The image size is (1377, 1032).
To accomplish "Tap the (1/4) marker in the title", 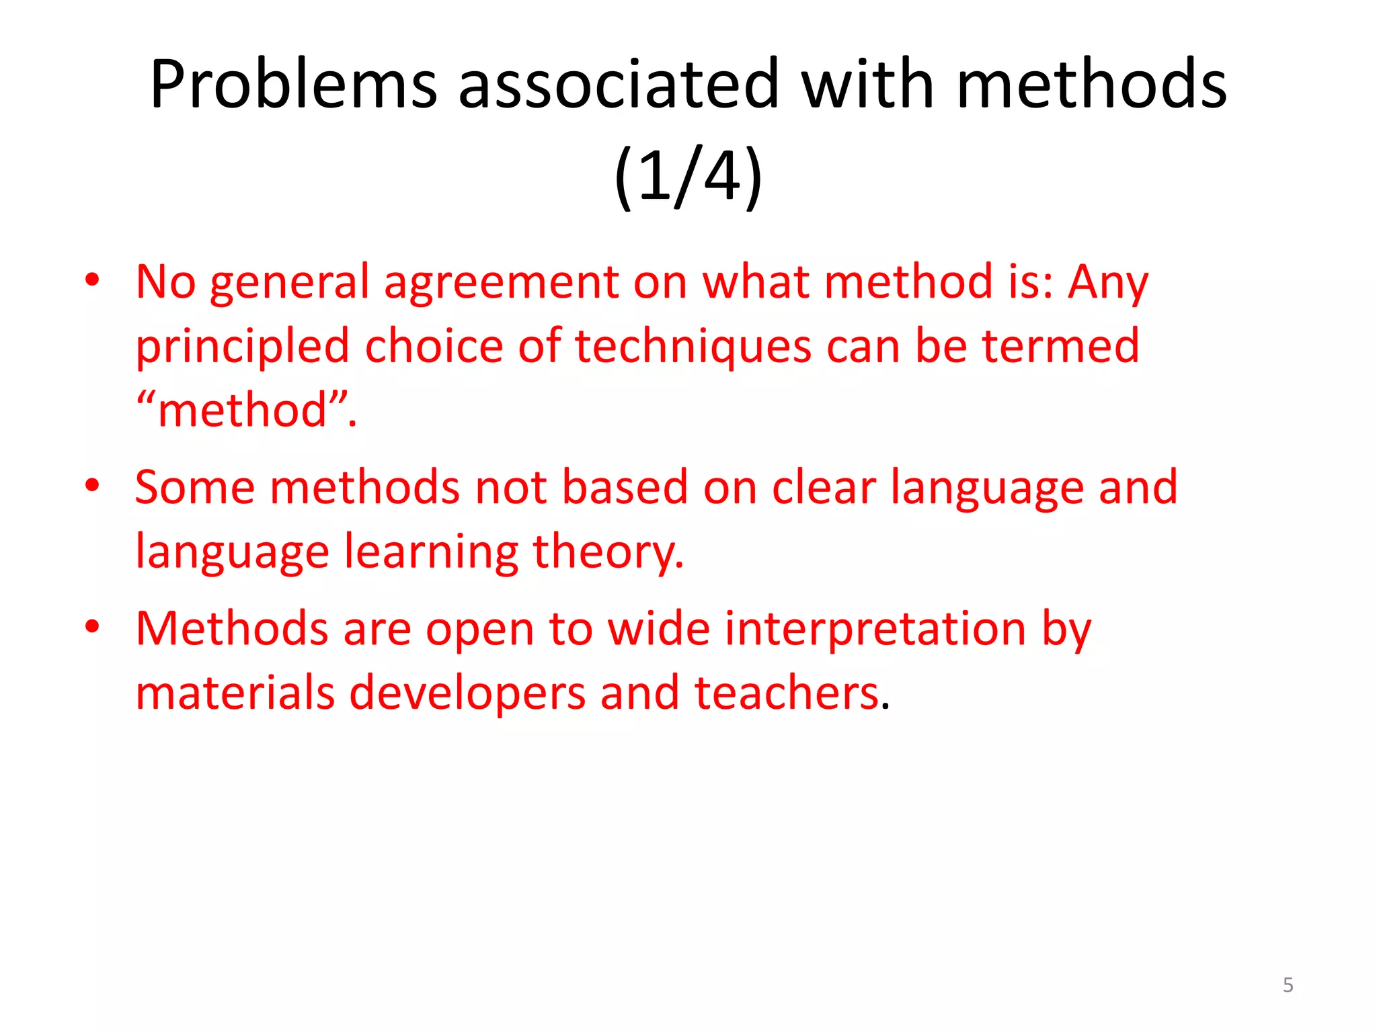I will point(688,176).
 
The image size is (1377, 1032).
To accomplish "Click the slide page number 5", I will point(1288,985).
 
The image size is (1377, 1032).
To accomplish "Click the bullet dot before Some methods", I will point(92,484).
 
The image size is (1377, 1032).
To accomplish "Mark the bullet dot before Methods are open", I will point(92,626).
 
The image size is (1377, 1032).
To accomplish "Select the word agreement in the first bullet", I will point(501,282).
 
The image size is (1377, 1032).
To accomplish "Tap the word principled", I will point(242,347).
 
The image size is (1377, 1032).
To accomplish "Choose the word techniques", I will point(693,347).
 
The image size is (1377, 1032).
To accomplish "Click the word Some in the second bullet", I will point(195,486).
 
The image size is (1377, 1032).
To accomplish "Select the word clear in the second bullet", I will point(824,486).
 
